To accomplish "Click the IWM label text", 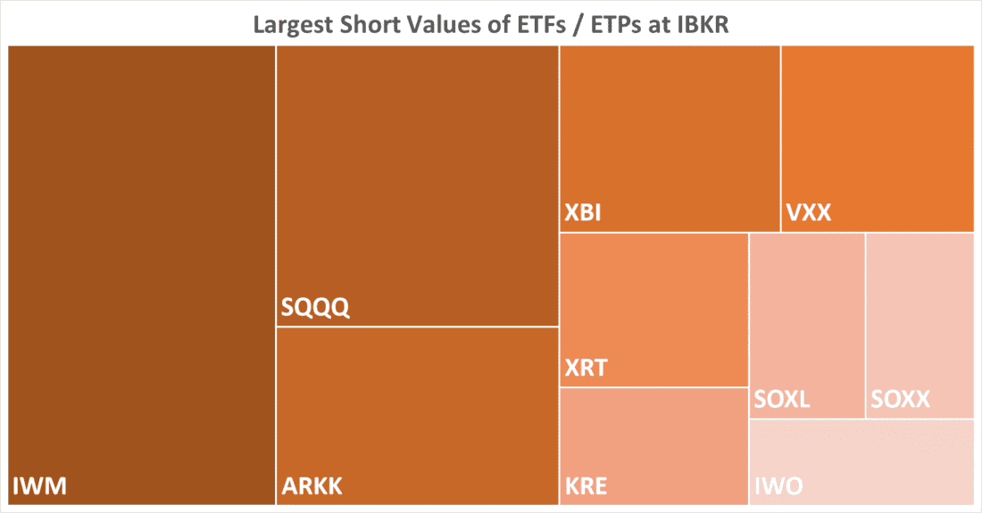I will click(40, 486).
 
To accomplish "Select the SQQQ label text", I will click(315, 308).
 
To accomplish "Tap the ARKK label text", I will click(312, 486).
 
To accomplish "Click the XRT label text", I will click(587, 368).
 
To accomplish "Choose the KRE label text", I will click(587, 486).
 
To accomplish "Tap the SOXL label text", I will click(782, 399).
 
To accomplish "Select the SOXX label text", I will click(900, 399).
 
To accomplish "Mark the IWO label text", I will click(778, 486).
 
